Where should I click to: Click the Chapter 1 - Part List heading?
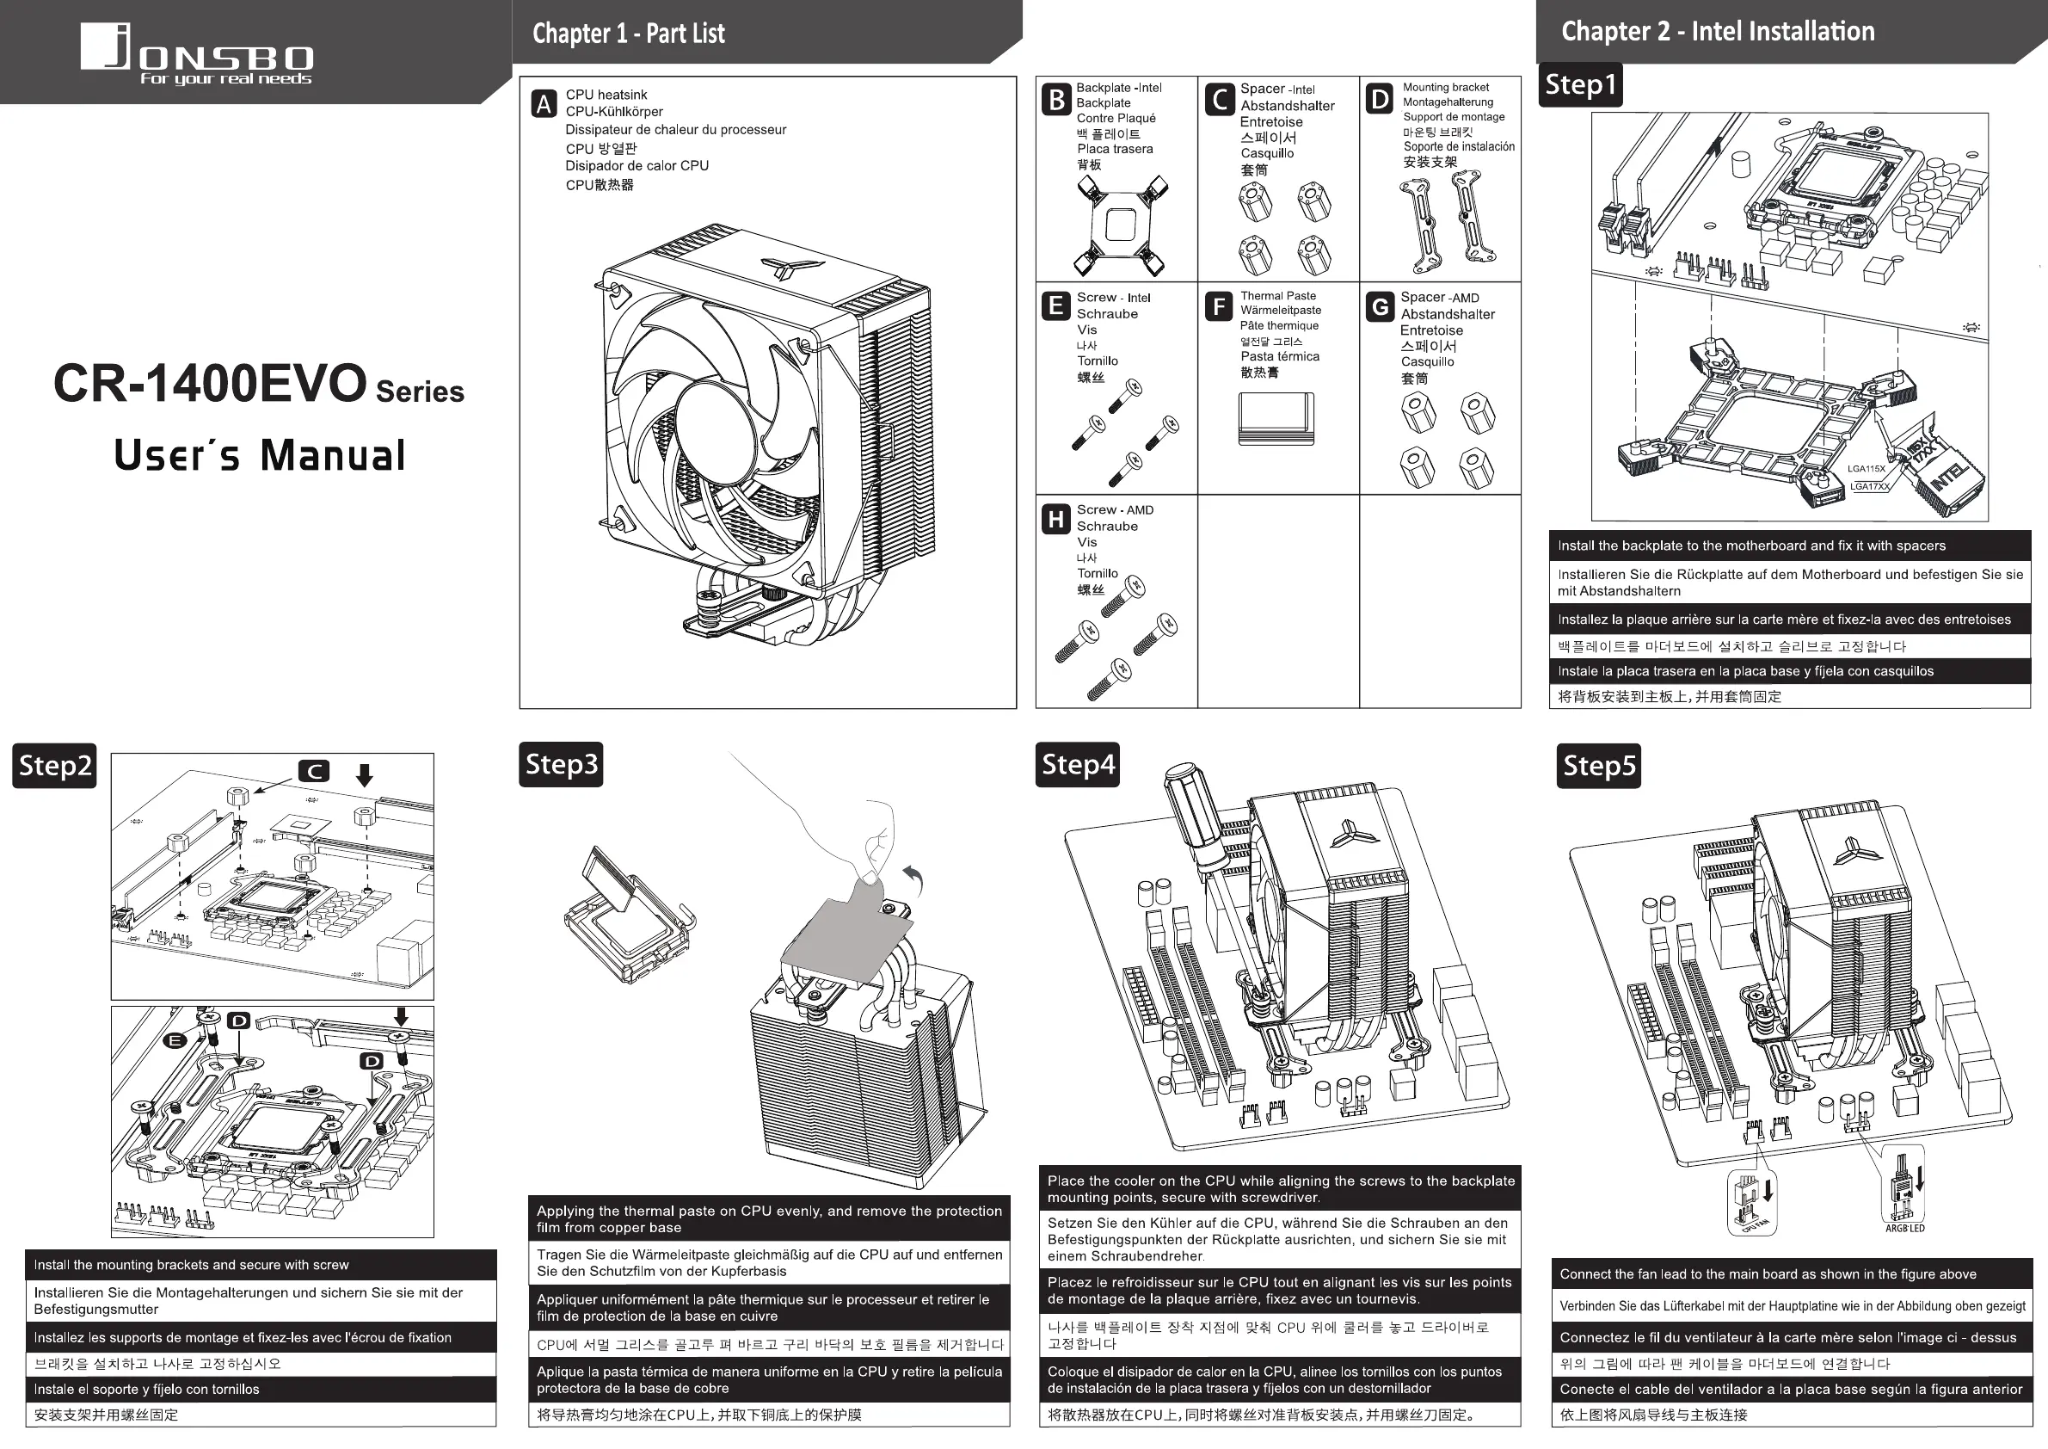point(628,34)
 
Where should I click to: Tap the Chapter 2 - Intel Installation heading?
point(1717,31)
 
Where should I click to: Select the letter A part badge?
point(544,103)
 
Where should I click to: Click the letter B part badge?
point(1056,99)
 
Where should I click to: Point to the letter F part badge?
point(1219,307)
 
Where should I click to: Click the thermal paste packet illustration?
point(1276,418)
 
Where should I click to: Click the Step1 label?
point(1580,85)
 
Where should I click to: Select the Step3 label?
point(561,765)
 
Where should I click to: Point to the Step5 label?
point(1599,767)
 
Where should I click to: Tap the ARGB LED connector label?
point(1904,1229)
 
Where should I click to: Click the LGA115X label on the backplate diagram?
point(1866,468)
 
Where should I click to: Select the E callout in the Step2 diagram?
point(175,1040)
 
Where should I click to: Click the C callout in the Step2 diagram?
point(314,771)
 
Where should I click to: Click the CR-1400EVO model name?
point(211,384)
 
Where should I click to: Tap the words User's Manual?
point(259,455)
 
